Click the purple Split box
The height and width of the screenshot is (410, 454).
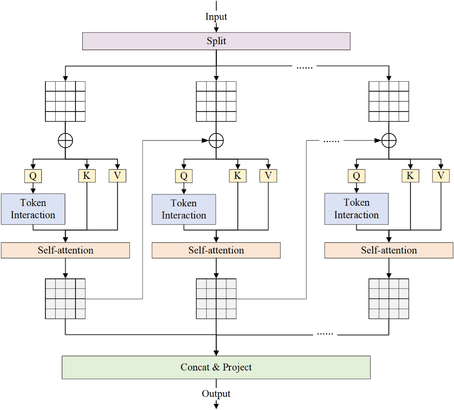click(216, 41)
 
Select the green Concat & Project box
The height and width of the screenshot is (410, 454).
click(216, 367)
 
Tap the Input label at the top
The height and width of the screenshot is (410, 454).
click(216, 16)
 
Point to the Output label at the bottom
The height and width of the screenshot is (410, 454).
click(216, 394)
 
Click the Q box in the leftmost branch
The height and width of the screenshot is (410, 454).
click(33, 176)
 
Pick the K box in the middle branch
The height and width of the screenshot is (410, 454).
click(238, 176)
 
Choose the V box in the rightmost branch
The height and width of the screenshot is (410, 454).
click(441, 176)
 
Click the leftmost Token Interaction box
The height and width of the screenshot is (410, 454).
click(33, 209)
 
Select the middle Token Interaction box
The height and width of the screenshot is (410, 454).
click(184, 209)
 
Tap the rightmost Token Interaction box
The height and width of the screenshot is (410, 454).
click(356, 209)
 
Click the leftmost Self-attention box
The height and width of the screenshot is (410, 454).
click(65, 250)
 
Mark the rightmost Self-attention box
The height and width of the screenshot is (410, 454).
click(389, 250)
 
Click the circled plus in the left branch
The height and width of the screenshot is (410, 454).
click(65, 141)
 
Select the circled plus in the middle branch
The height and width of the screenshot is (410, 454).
click(216, 141)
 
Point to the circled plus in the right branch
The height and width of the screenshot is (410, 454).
click(389, 141)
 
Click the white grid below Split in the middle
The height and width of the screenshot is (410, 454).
click(216, 101)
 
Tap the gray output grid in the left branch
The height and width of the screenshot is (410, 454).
click(65, 299)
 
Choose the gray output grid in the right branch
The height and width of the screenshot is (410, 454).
click(389, 299)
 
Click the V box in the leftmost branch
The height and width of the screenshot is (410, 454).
click(118, 176)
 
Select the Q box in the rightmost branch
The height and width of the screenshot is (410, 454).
click(356, 176)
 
